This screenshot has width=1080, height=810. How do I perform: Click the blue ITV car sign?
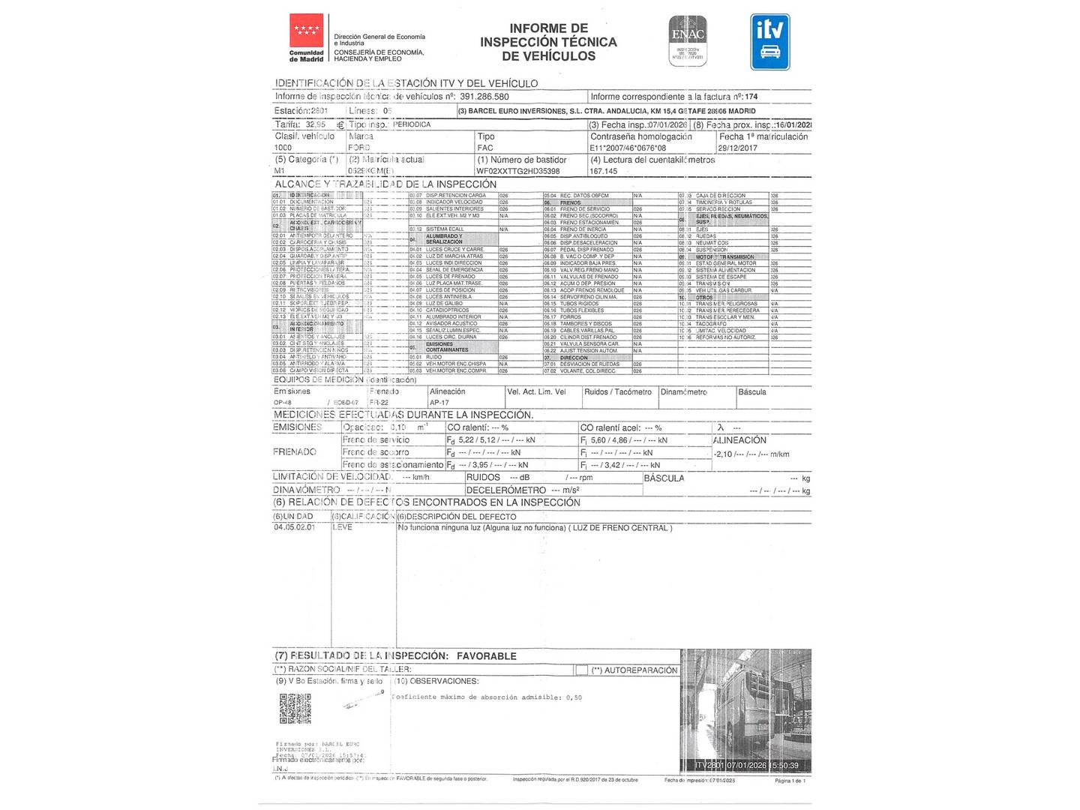[769, 42]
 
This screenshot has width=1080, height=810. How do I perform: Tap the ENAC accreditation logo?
[688, 39]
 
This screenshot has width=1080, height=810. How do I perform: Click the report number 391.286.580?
[484, 97]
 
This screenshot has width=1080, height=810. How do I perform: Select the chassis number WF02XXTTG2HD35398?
[517, 171]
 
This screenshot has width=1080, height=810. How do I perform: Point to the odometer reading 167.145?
[603, 171]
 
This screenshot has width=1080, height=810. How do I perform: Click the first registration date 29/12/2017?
[737, 148]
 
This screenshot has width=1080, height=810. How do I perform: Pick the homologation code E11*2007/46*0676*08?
[628, 148]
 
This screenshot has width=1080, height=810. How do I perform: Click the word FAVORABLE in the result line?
[486, 656]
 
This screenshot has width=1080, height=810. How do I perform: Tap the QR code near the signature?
[295, 708]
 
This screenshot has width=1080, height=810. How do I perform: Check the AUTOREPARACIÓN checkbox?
[581, 670]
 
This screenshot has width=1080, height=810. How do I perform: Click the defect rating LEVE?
[342, 527]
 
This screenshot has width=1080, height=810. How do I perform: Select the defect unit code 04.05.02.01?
[294, 527]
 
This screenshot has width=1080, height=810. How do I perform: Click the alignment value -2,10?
[723, 454]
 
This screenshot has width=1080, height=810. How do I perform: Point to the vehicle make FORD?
[358, 148]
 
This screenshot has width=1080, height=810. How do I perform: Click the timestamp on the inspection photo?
[746, 765]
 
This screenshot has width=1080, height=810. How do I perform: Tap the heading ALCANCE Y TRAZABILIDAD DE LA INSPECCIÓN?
[385, 184]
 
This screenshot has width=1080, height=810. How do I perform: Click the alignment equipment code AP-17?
[439, 403]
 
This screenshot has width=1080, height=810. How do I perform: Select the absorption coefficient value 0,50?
[573, 697]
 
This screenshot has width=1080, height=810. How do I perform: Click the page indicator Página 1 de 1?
[790, 781]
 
